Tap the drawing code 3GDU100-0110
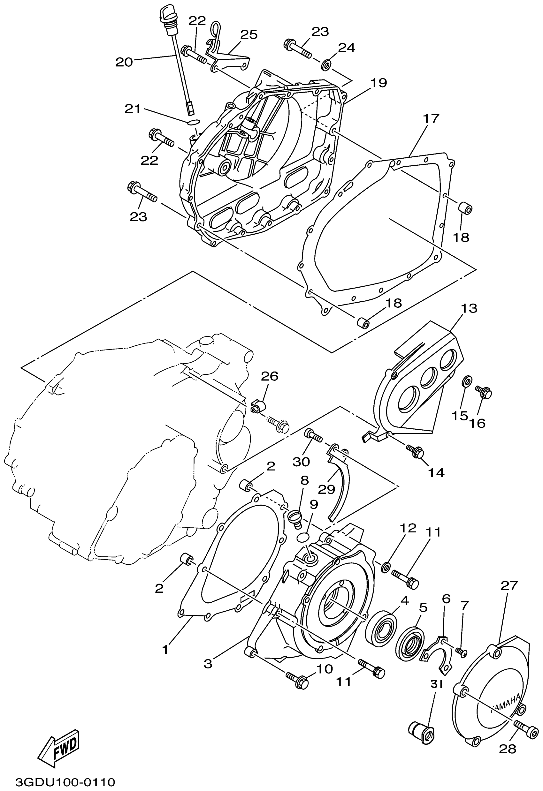point(65,782)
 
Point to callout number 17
point(431,119)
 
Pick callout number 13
point(469,308)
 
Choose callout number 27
point(509,586)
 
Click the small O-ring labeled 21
point(193,122)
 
